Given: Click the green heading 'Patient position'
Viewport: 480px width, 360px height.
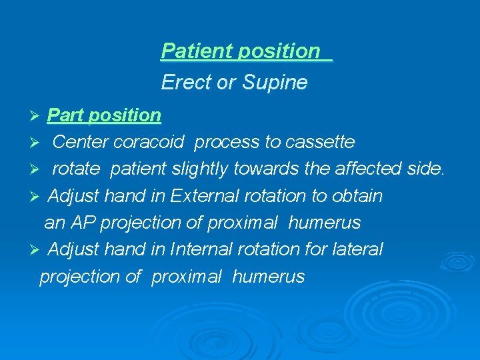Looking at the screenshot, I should click(x=241, y=51).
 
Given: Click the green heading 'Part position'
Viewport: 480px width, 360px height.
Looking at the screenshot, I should click(x=104, y=115).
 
